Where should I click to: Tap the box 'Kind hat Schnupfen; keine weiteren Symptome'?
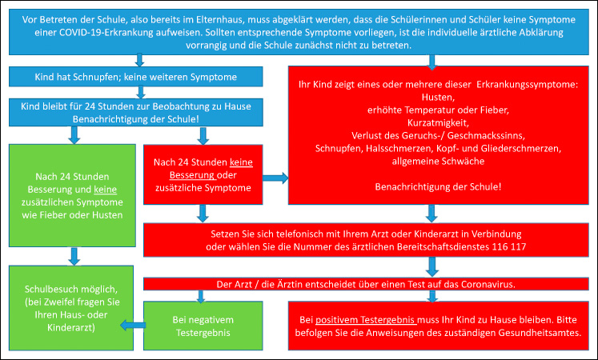(136, 77)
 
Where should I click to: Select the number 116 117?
(509, 247)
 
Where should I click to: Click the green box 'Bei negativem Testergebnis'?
(203, 326)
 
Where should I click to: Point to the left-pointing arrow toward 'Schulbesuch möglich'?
(133, 326)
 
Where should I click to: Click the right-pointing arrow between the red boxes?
(275, 178)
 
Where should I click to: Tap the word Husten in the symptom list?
(437, 97)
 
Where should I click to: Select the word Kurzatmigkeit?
(438, 123)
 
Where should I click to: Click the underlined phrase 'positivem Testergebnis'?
(365, 320)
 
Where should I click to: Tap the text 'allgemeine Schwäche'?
(438, 161)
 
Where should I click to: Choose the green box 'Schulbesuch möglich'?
(71, 308)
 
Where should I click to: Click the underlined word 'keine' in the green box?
(105, 190)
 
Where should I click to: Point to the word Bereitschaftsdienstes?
(443, 247)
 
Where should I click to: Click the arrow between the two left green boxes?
(74, 256)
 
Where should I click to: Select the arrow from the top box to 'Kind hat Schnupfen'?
(139, 60)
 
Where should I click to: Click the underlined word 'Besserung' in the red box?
(192, 175)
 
